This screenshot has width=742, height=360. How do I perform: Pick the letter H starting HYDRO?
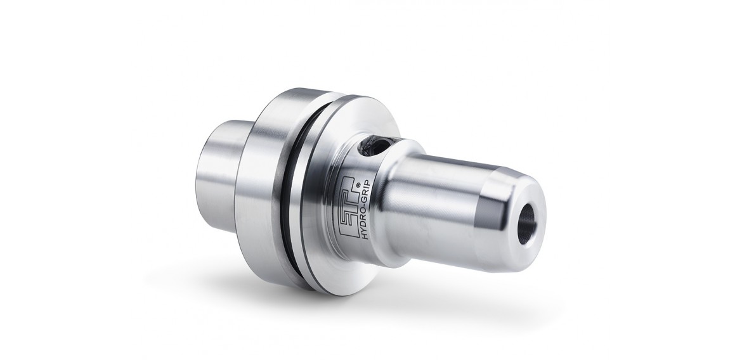point(365,236)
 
